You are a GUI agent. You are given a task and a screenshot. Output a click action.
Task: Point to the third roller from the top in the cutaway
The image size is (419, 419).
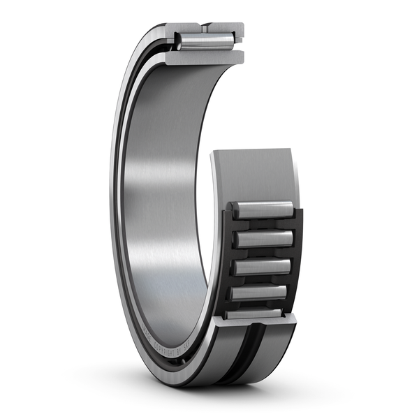pos(263,266)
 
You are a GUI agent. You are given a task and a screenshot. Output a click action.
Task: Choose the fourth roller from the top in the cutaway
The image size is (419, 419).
pos(260,292)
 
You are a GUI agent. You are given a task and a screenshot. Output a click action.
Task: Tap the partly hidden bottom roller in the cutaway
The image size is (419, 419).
pos(256,314)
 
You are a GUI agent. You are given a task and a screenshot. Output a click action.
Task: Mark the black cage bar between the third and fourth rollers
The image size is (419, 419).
pos(261,279)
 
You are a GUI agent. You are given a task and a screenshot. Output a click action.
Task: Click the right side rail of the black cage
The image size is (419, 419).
pos(296,258)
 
